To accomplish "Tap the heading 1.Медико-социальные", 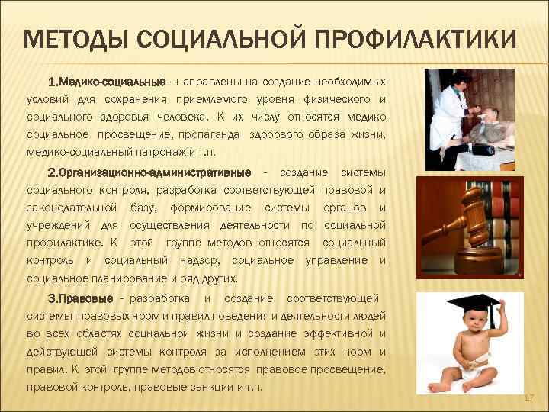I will point(107,82).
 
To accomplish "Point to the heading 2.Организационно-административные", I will point(149,172).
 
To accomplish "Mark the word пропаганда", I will point(213,135).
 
